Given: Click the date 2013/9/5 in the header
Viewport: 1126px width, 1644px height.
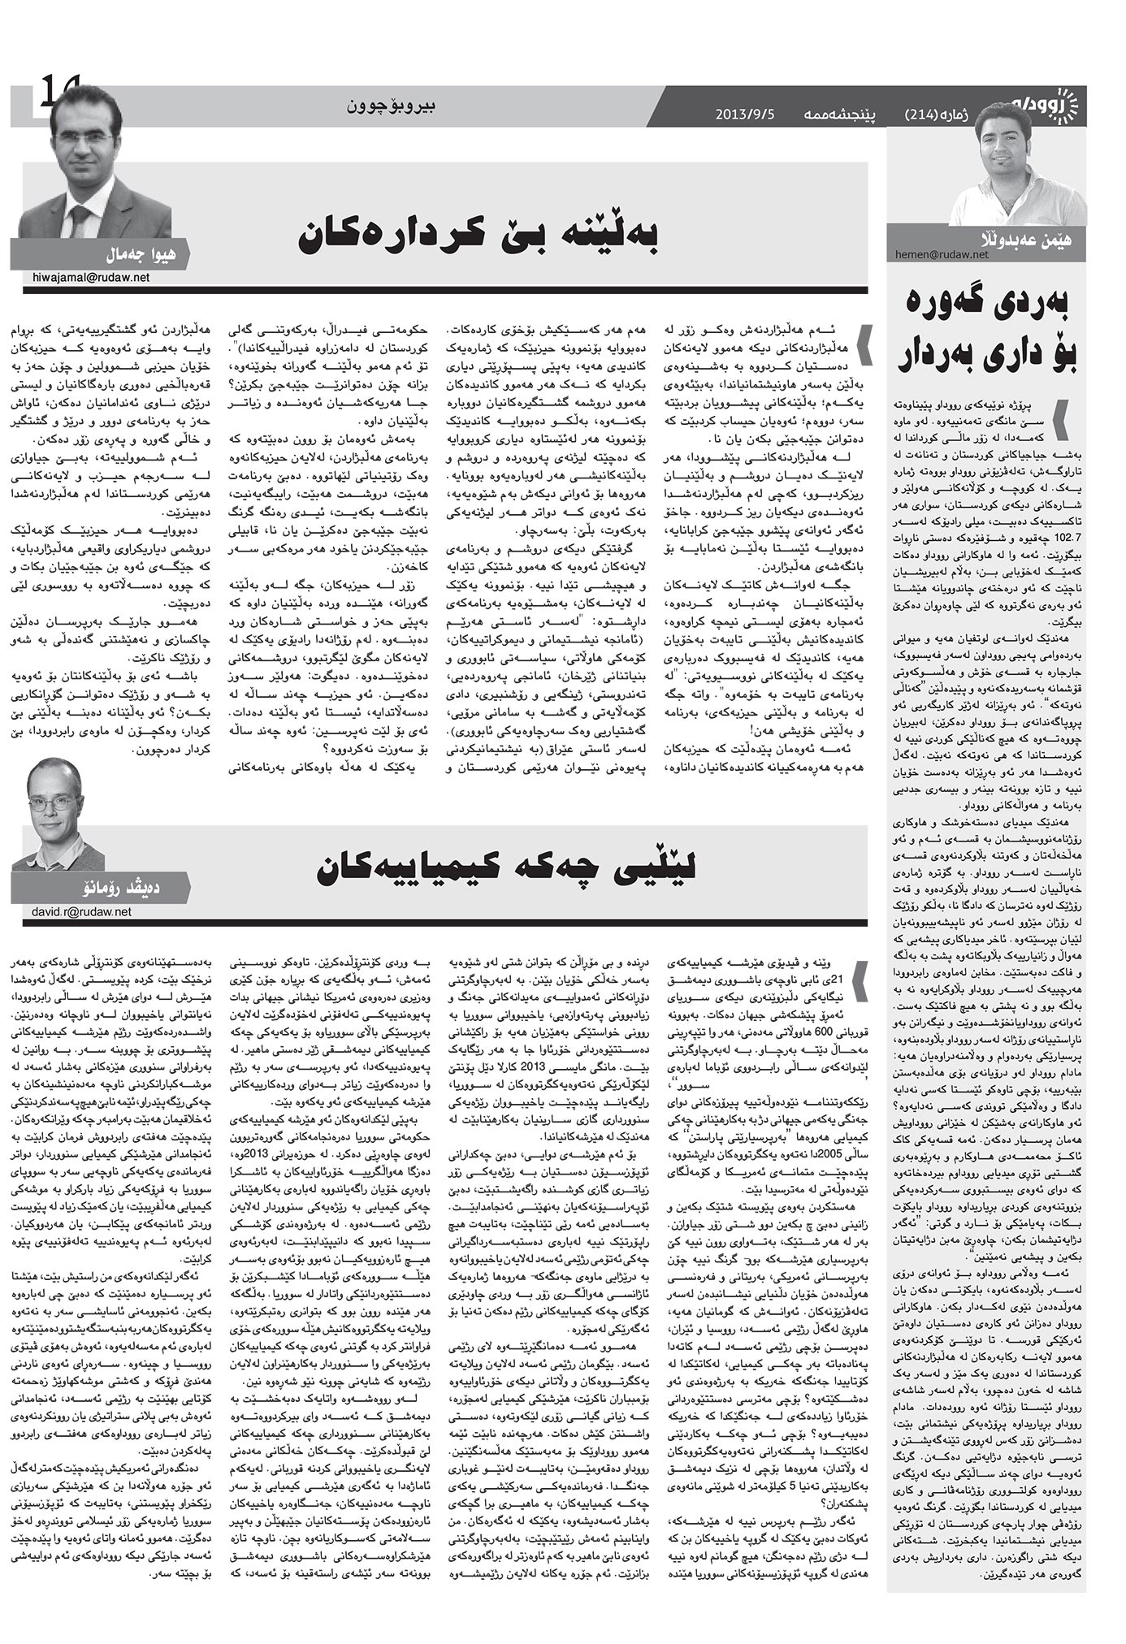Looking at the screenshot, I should pyautogui.click(x=745, y=114).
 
